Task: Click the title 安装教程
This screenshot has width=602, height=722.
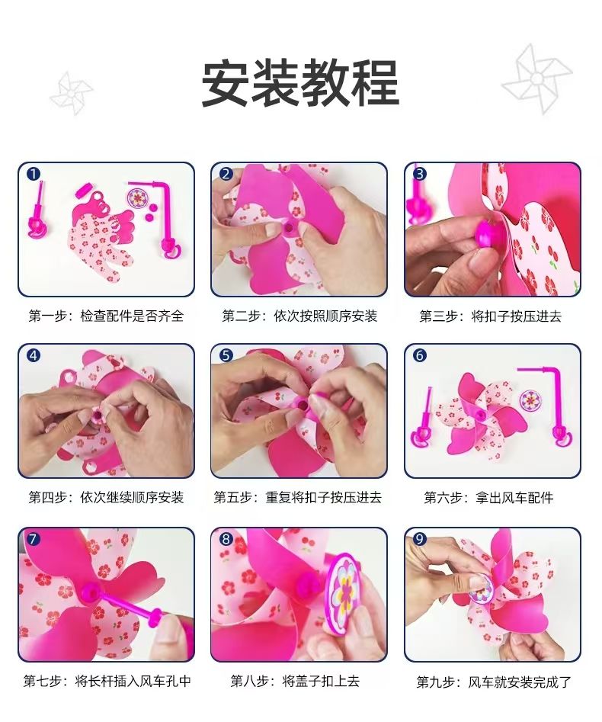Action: click(x=300, y=84)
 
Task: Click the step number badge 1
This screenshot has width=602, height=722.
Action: click(x=34, y=174)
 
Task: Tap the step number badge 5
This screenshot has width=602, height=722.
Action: click(x=226, y=355)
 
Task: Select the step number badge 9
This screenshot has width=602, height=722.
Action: click(x=419, y=539)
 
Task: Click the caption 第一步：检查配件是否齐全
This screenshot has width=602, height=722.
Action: click(x=107, y=316)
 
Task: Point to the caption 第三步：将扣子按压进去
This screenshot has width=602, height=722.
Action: click(x=491, y=316)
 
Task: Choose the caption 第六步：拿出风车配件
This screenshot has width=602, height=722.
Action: click(x=488, y=498)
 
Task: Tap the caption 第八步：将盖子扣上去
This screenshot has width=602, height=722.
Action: click(x=295, y=681)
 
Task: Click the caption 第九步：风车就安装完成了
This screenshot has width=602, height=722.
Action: click(x=494, y=682)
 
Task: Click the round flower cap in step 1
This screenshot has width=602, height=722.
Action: click(x=138, y=197)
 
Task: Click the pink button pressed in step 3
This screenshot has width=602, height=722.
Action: click(x=488, y=233)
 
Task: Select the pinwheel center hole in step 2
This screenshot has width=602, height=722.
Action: click(x=290, y=227)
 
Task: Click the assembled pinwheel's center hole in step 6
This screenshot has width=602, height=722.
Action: click(x=482, y=416)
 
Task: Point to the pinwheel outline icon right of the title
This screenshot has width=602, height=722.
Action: click(x=536, y=79)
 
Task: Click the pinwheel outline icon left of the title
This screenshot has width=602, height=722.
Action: click(x=72, y=93)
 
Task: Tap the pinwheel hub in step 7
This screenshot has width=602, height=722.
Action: click(x=89, y=593)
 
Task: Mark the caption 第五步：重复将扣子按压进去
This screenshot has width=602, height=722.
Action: click(x=298, y=498)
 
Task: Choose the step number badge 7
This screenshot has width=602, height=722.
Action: click(x=33, y=539)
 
